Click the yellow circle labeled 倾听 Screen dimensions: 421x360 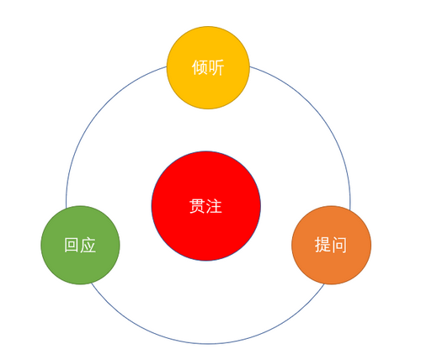pos(208,67)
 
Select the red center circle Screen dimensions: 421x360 pos(206,206)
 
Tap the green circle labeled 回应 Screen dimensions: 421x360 pos(80,245)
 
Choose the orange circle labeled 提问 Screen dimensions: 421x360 pos(331,245)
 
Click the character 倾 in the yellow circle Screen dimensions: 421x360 pos(200,67)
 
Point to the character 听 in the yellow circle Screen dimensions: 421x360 pos(216,67)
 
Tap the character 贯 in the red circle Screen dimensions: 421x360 pos(198,206)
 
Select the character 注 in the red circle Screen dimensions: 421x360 pos(214,206)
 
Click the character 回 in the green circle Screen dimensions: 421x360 pos(72,245)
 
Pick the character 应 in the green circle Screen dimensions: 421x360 pos(88,245)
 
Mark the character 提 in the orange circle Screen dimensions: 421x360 pos(322,245)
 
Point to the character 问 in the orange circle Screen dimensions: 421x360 pos(338,245)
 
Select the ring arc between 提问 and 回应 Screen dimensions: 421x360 pos(208,344)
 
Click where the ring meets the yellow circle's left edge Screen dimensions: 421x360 pos(167,66)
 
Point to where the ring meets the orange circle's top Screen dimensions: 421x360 pos(350,210)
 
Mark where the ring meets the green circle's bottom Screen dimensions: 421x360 pos(91,283)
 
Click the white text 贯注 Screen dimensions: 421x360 pos(205,206)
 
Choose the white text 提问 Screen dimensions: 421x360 pos(330,245)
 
